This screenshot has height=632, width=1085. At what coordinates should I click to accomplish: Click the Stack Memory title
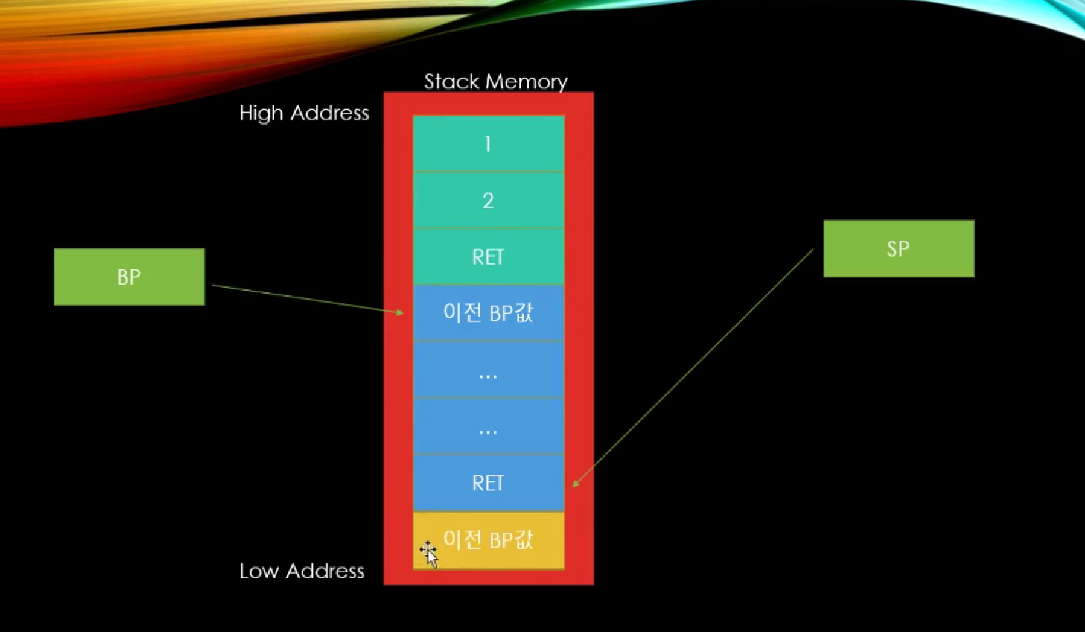pos(496,82)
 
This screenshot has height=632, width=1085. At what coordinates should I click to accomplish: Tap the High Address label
pos(304,113)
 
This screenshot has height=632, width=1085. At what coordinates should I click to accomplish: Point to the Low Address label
pos(302,571)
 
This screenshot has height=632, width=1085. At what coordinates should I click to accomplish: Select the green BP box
pos(129,277)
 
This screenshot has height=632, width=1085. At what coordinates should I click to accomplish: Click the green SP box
pos(899,249)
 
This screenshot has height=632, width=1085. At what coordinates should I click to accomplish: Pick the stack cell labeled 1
pos(489,144)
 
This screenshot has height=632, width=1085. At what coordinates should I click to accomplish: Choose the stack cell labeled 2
pos(489,200)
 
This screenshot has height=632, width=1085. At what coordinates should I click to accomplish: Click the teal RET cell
pos(489,257)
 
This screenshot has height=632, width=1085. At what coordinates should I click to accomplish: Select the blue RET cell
pos(489,483)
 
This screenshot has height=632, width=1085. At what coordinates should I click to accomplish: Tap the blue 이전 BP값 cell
pos(489,313)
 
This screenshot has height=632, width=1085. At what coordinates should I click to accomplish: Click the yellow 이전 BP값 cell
pos(489,540)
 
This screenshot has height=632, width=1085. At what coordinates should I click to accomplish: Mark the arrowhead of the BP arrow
pos(402,313)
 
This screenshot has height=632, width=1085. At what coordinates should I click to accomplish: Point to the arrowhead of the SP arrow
pos(574,484)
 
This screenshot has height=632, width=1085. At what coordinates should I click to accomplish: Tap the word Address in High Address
pos(330,113)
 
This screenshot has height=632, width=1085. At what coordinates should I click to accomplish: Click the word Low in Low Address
pos(259,571)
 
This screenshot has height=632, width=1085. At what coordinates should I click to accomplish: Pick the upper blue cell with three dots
pos(489,370)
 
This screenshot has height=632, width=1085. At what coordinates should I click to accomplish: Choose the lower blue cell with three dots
pos(489,426)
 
